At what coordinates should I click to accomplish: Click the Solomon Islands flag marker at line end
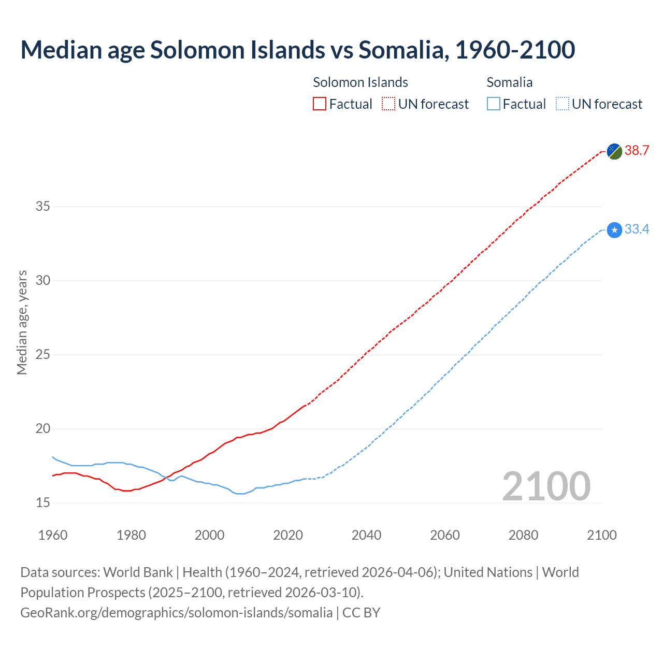point(614,151)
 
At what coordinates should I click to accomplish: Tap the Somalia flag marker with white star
point(614,229)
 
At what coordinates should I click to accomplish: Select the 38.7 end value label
point(637,151)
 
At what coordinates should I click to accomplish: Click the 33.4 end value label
point(637,229)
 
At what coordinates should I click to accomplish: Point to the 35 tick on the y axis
point(42,207)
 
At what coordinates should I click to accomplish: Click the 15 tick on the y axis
point(42,502)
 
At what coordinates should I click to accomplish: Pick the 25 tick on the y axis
point(42,355)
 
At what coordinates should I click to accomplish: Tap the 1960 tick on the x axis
point(53,535)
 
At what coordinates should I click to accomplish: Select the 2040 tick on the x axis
point(366,535)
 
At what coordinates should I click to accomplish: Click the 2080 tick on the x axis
point(523,535)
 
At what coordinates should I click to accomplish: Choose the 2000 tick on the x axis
point(209,535)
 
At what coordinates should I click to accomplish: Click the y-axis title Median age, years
point(22,322)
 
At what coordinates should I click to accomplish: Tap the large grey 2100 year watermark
point(546,486)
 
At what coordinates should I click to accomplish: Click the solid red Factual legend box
point(320,104)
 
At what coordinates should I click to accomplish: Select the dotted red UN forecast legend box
point(388,104)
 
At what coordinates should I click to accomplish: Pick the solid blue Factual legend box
point(493,104)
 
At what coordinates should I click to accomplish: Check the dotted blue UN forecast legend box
point(562,104)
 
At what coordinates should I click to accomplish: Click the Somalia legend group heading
point(509,82)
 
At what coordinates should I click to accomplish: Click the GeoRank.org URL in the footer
point(176,612)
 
